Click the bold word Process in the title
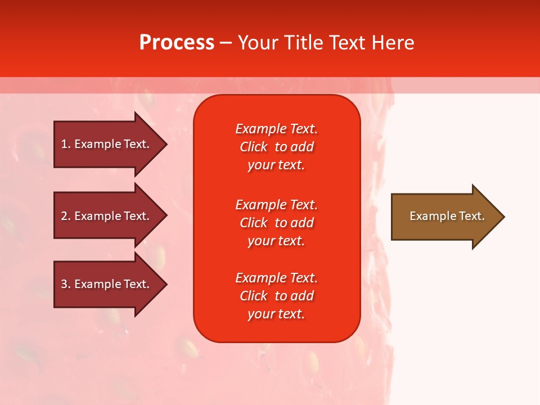[x=177, y=43]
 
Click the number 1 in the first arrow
[x=64, y=144]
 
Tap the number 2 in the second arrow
[x=64, y=216]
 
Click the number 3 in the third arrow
[x=64, y=284]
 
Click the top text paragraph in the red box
[x=276, y=147]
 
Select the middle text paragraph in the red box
[x=276, y=223]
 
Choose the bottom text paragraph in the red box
[x=276, y=296]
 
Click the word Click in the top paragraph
[x=253, y=147]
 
